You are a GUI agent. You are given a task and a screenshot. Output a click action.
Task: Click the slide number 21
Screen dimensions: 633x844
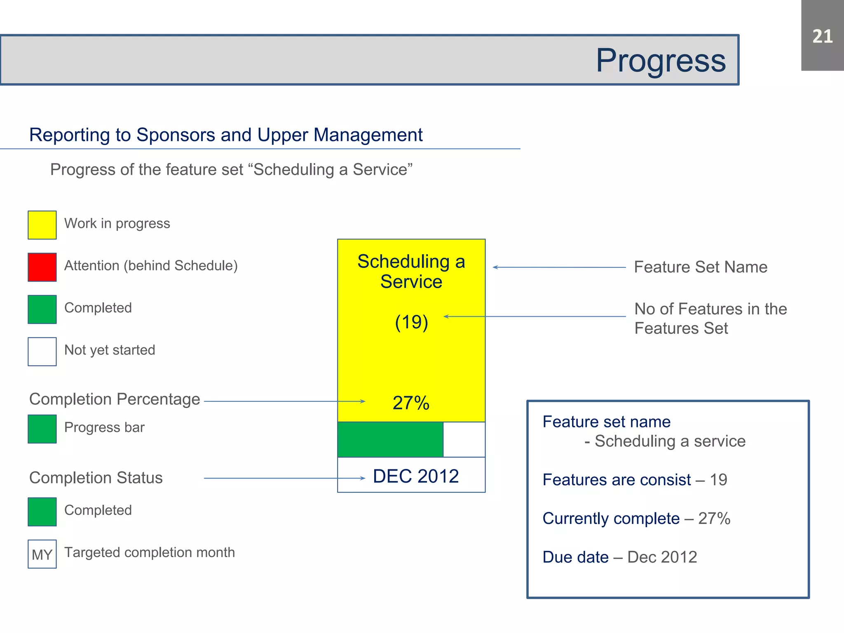822,36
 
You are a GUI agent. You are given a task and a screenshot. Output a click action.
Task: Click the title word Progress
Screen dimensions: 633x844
661,61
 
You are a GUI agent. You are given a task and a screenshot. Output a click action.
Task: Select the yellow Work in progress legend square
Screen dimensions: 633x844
42,225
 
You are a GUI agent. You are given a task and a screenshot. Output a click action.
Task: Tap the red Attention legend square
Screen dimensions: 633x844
42,267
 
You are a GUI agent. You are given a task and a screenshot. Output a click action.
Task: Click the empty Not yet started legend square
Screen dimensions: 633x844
42,352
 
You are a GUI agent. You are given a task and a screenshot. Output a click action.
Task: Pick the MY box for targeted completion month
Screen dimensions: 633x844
42,554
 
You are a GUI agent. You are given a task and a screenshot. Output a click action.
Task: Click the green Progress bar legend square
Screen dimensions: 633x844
42,429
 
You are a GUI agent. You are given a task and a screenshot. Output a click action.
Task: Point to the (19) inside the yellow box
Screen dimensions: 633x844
411,322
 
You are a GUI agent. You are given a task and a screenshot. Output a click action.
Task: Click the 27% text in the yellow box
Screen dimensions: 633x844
411,403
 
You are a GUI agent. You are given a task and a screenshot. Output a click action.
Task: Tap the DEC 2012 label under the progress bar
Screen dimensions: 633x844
415,476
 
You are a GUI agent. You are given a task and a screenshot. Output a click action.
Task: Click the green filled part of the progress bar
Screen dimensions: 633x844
390,440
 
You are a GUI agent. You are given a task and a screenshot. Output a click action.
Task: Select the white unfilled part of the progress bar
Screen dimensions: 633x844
464,440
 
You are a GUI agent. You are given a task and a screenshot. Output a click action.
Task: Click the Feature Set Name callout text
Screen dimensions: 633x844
701,267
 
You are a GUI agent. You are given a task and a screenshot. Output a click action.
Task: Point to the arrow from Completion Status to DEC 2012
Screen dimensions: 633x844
284,478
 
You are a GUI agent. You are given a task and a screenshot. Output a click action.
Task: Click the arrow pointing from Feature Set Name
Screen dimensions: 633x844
559,267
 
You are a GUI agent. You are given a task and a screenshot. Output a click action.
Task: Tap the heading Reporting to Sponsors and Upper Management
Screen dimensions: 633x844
226,135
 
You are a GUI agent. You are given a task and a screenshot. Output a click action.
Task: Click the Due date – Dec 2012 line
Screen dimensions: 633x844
619,557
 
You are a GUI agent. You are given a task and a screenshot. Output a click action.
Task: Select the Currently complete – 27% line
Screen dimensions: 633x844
636,518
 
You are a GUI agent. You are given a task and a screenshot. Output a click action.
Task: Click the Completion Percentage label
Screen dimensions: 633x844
115,399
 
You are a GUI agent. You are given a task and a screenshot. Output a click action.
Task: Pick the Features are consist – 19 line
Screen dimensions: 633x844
635,480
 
